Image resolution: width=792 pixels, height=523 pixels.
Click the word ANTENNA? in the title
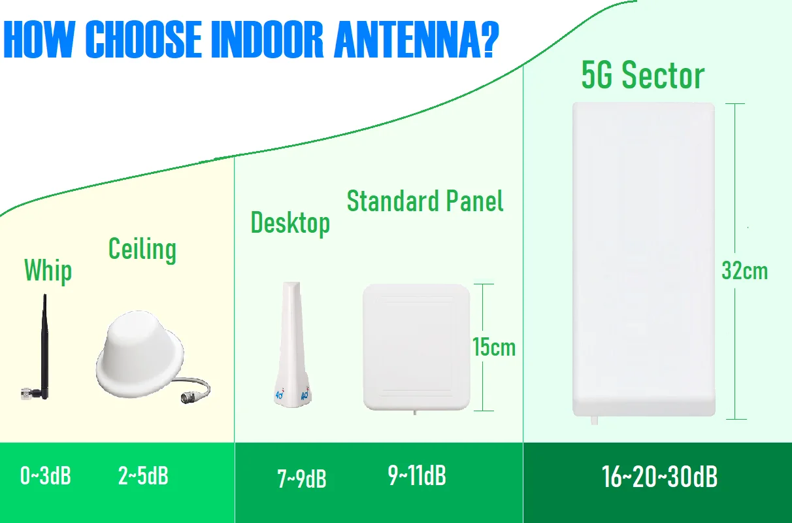coord(416,39)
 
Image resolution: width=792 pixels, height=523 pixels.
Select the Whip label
coord(48,271)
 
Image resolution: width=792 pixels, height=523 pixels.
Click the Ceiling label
coord(142,250)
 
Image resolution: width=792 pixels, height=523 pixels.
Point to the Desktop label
coord(290,223)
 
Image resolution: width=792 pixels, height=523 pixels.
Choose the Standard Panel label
coord(425,201)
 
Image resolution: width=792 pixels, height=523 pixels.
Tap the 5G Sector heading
coord(643,75)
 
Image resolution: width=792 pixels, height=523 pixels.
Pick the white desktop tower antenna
coord(292,345)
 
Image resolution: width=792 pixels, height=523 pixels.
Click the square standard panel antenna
coord(416,347)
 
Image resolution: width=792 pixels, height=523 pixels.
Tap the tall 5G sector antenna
coord(644,260)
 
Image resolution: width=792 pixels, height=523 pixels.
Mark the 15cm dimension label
coord(494,347)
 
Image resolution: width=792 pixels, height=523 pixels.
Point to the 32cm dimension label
coord(744,271)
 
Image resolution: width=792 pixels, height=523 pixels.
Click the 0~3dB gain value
coord(46,475)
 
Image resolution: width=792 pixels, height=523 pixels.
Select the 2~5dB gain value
coord(143,475)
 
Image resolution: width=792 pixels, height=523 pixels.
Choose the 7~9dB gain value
coord(302,479)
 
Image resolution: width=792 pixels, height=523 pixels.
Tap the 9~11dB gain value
coord(417,475)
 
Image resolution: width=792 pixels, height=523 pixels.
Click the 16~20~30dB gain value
coord(660,477)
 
